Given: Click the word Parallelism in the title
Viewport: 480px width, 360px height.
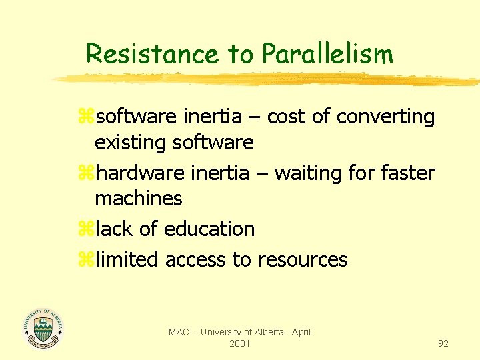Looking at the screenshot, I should (x=327, y=53).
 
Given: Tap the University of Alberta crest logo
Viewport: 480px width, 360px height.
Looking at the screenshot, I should (x=43, y=327).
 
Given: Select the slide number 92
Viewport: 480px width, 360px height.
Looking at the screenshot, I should (x=443, y=343).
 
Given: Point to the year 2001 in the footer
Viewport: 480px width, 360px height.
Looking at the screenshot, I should (x=239, y=343).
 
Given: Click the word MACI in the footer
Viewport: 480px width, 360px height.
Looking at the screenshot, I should (x=181, y=332).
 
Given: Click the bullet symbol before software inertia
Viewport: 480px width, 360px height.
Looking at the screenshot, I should (x=86, y=117).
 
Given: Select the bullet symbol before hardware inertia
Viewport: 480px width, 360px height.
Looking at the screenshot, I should (x=86, y=174).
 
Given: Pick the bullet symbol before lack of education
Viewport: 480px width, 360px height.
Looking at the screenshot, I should (x=86, y=229).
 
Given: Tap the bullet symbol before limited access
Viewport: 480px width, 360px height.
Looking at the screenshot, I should (x=86, y=259).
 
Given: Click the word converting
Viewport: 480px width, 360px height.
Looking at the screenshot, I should (x=385, y=117).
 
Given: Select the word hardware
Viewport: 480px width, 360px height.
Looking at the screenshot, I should (x=141, y=173).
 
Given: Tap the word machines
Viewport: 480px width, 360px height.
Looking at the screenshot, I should (x=139, y=198).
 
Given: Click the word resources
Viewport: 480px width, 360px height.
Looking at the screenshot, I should (x=303, y=259).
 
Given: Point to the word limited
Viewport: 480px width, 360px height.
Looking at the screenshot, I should (x=127, y=259).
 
